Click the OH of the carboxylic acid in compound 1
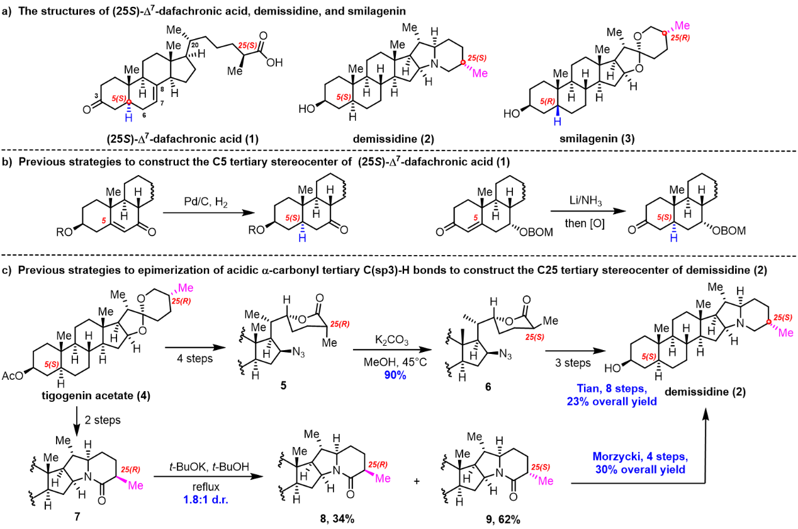pyautogui.click(x=273, y=62)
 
